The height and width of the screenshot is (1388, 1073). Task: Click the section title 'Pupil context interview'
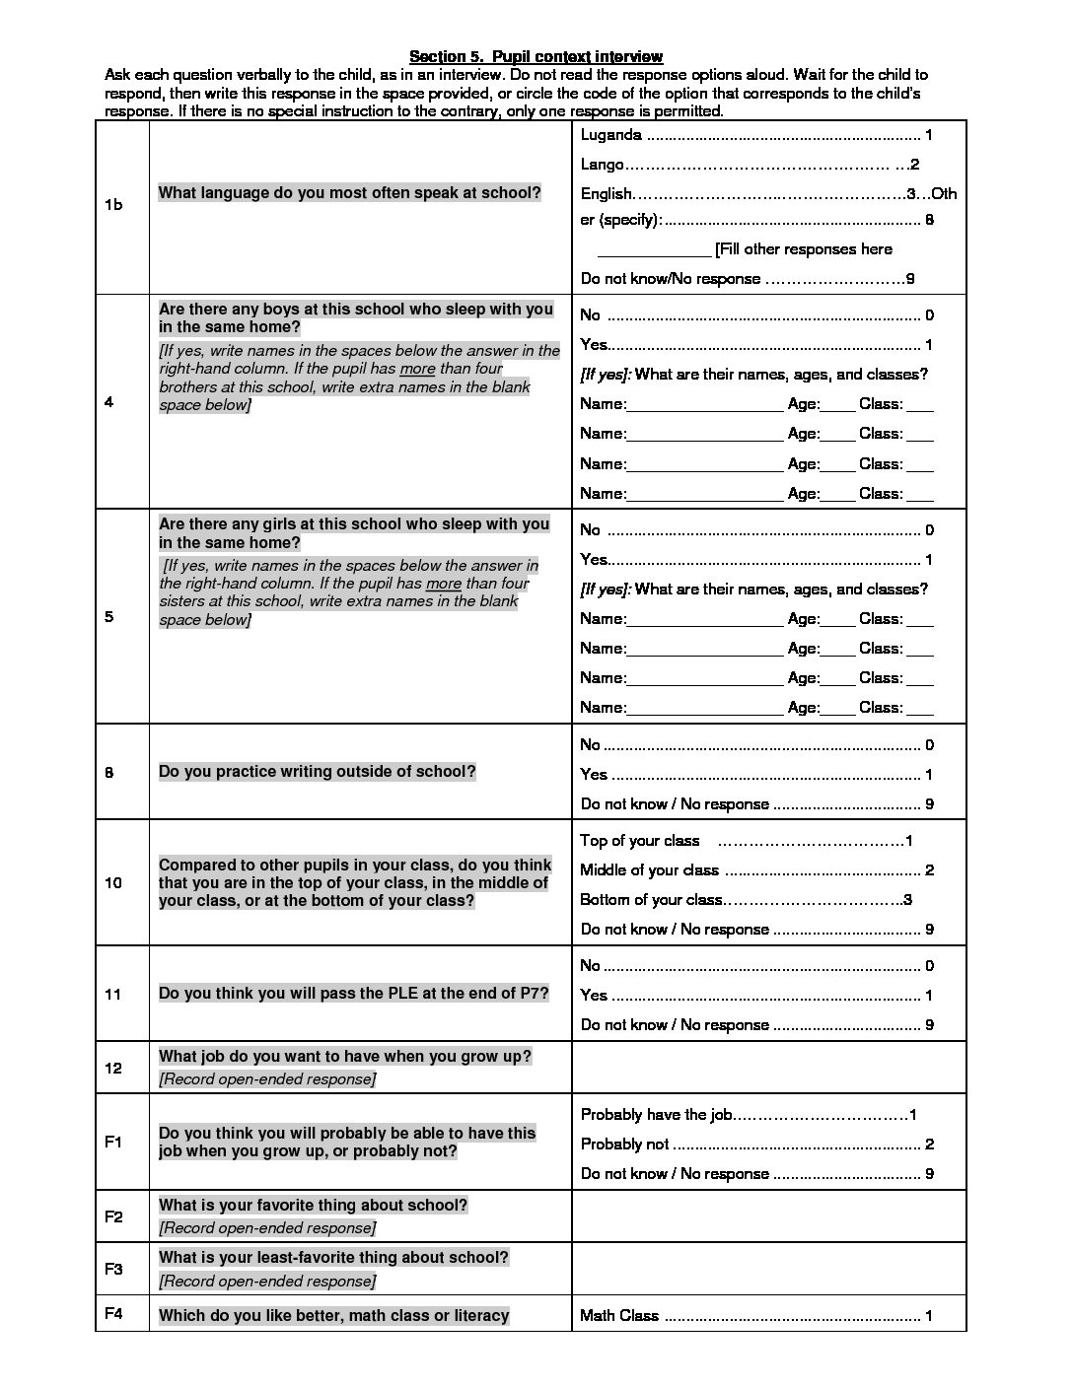pyautogui.click(x=536, y=56)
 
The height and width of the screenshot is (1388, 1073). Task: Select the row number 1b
pyautogui.click(x=113, y=205)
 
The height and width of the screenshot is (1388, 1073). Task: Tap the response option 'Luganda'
pyautogui.click(x=611, y=135)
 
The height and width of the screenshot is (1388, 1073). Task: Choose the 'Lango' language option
pyautogui.click(x=602, y=165)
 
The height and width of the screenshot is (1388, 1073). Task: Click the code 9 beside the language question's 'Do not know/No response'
pyautogui.click(x=910, y=279)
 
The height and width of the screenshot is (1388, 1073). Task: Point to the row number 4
pyautogui.click(x=108, y=402)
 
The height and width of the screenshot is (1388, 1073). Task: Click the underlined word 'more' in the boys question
pyautogui.click(x=417, y=369)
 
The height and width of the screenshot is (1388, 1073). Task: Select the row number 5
pyautogui.click(x=108, y=617)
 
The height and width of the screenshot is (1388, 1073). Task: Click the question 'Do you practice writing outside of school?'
pyautogui.click(x=317, y=772)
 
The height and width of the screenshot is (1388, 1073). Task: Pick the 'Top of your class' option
pyautogui.click(x=639, y=841)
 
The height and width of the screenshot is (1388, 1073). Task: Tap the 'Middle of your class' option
pyautogui.click(x=649, y=870)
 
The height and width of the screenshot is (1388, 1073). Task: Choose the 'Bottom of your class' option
pyautogui.click(x=651, y=900)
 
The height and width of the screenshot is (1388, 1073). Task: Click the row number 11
pyautogui.click(x=112, y=995)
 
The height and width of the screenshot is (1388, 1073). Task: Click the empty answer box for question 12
pyautogui.click(x=768, y=1068)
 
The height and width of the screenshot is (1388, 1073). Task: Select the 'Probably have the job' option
pyautogui.click(x=656, y=1115)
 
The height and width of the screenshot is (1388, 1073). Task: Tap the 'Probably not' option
pyautogui.click(x=624, y=1145)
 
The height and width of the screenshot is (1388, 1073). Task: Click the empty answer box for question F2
pyautogui.click(x=768, y=1215)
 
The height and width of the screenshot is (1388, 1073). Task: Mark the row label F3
pyautogui.click(x=113, y=1269)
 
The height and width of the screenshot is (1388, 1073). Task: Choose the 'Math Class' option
pyautogui.click(x=619, y=1316)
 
